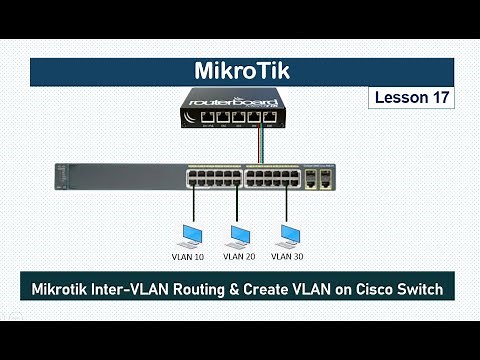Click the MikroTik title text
click(240, 73)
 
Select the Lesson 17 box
click(411, 98)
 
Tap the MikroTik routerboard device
click(239, 109)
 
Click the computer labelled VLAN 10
click(187, 236)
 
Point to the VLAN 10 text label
click(185, 256)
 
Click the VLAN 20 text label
click(239, 256)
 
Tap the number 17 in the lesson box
click(437, 98)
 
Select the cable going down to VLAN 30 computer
click(287, 205)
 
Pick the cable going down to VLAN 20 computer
click(237, 205)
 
